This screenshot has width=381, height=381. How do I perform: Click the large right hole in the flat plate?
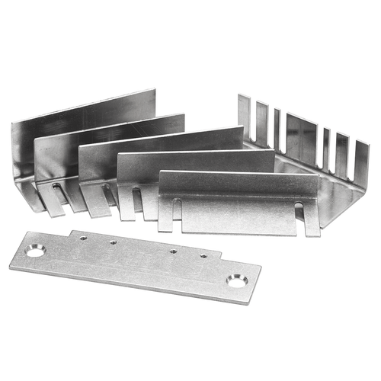(236, 282)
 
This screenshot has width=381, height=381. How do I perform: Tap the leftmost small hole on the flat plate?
(84, 238)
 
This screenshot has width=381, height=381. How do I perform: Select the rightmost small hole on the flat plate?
(203, 256)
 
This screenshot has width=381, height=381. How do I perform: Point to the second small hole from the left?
(112, 242)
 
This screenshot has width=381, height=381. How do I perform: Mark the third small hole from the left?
(174, 251)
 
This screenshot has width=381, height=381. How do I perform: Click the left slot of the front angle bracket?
(177, 207)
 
